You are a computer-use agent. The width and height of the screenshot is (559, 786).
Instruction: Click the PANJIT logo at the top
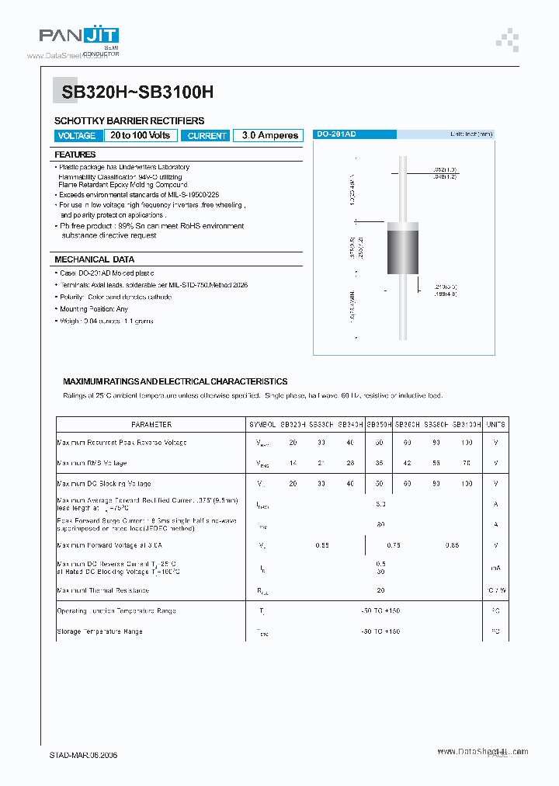click(x=78, y=37)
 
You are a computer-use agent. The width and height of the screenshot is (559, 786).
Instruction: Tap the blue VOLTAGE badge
click(x=77, y=136)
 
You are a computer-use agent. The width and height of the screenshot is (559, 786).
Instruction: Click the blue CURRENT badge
click(x=207, y=136)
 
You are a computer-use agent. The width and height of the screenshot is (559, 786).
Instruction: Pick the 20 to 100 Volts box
click(x=140, y=135)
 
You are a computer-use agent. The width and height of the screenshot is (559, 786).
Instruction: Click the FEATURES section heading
click(x=75, y=155)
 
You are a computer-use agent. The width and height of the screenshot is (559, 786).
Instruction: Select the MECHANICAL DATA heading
click(x=94, y=259)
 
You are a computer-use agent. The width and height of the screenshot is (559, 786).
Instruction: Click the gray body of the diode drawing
click(x=402, y=253)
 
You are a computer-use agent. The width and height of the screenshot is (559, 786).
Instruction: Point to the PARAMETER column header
click(x=151, y=425)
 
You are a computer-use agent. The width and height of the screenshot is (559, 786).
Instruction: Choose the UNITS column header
click(x=495, y=425)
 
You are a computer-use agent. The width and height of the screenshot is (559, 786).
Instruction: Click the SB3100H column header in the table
click(x=466, y=425)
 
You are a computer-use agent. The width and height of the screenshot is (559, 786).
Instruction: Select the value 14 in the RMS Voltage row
click(x=293, y=463)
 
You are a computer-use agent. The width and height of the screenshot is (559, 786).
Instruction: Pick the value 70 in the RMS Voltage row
click(x=466, y=463)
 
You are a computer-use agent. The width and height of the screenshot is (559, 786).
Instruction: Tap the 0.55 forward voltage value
click(x=322, y=545)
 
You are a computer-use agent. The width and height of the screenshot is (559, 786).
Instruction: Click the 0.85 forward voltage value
click(x=452, y=545)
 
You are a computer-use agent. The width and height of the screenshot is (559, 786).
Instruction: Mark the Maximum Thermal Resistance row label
click(x=103, y=590)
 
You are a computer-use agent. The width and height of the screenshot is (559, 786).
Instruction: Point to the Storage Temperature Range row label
click(x=99, y=631)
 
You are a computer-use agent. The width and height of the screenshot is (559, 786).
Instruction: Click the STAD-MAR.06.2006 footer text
click(x=84, y=755)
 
